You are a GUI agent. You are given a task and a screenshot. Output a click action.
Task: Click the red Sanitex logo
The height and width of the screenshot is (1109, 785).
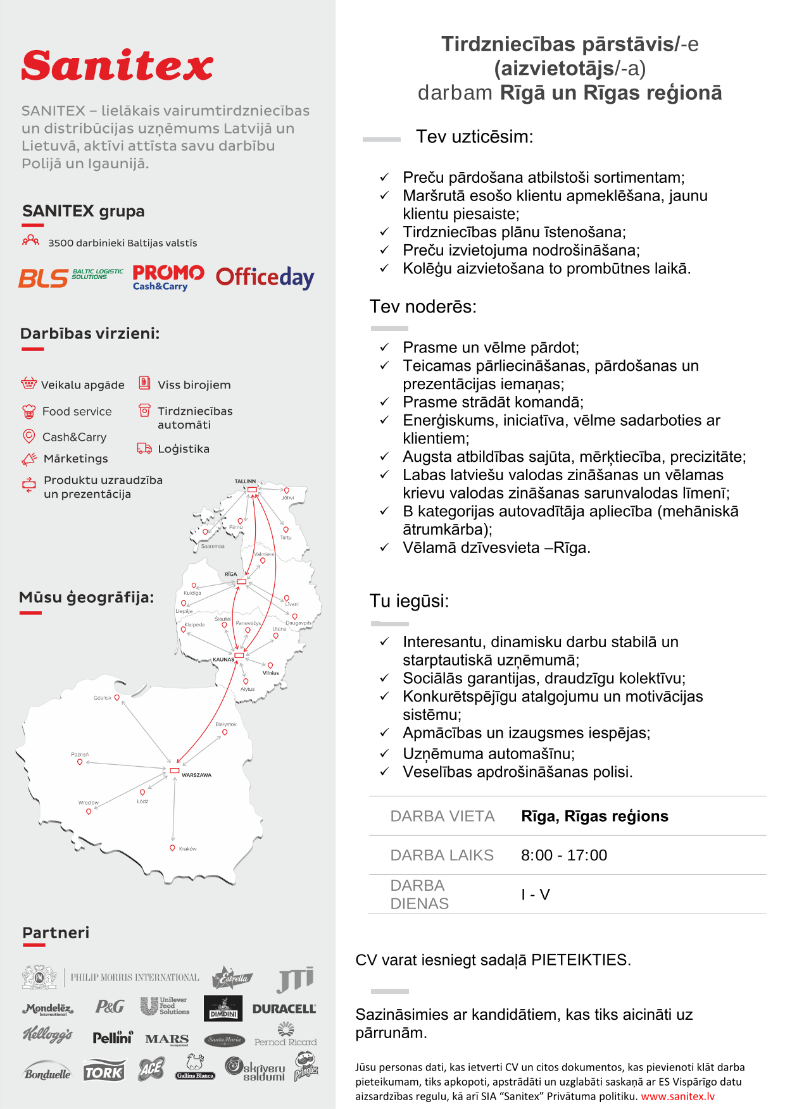[117, 65]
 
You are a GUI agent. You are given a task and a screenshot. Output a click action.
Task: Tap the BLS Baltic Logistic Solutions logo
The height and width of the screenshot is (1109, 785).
[70, 278]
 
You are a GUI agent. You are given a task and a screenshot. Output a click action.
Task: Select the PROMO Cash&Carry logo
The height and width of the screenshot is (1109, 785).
[168, 277]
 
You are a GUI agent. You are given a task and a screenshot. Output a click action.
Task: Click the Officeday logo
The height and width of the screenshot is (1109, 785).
[265, 277]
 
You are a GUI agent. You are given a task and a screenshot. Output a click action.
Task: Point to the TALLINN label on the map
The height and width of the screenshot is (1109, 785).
[245, 481]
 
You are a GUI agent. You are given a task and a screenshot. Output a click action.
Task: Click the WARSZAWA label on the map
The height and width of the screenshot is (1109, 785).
[196, 775]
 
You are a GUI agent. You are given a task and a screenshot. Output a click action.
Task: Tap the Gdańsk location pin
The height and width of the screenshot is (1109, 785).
[117, 698]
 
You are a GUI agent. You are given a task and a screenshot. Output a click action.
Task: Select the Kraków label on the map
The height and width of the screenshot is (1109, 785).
[187, 849]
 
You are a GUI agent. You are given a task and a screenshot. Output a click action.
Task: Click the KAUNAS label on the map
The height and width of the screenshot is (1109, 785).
[223, 659]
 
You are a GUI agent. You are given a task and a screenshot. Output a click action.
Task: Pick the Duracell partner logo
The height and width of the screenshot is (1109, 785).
[284, 1009]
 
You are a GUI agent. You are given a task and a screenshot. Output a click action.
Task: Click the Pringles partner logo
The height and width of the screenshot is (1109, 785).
[306, 1067]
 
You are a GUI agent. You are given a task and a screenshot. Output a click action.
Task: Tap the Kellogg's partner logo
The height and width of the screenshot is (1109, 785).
[47, 1035]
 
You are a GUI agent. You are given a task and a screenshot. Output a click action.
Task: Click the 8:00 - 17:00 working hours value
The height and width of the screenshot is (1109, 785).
[563, 855]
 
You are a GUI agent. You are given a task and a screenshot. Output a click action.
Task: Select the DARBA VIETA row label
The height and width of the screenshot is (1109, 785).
[442, 816]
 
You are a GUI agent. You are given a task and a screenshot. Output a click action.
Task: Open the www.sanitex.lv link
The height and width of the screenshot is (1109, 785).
[677, 1096]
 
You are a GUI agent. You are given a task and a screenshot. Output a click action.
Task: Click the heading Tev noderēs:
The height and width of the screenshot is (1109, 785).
[423, 307]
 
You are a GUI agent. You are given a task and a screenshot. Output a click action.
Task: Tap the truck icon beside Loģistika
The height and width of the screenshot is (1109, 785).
[144, 449]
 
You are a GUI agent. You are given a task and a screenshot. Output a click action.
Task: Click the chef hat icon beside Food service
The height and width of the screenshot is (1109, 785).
[29, 412]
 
